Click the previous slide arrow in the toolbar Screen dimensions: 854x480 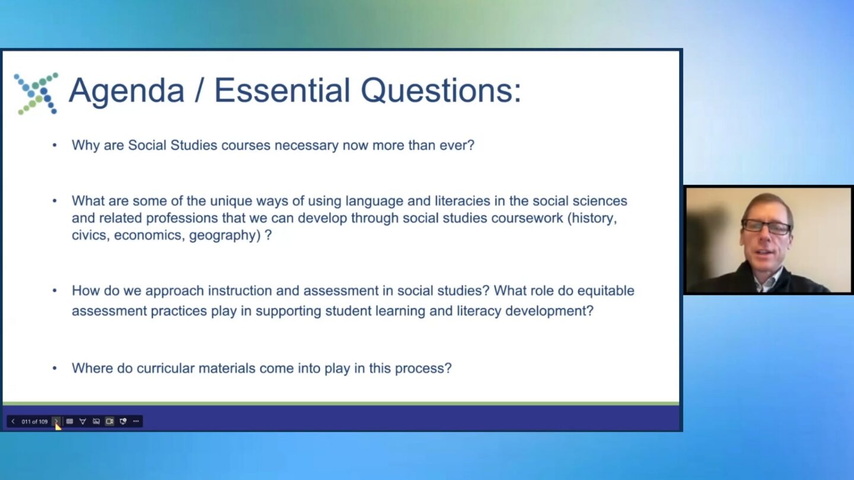point(13,421)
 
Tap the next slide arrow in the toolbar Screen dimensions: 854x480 point(56,421)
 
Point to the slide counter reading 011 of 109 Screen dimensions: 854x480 point(34,422)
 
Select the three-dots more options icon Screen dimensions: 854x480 point(136,421)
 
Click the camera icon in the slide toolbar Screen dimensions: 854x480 point(109,421)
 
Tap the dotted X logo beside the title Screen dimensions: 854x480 point(36,94)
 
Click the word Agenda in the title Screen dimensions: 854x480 point(126,91)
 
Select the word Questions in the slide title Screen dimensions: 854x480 point(440,91)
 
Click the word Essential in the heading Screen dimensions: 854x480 point(282,91)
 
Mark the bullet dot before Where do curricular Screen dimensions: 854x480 point(55,369)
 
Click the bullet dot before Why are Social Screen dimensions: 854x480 point(55,145)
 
